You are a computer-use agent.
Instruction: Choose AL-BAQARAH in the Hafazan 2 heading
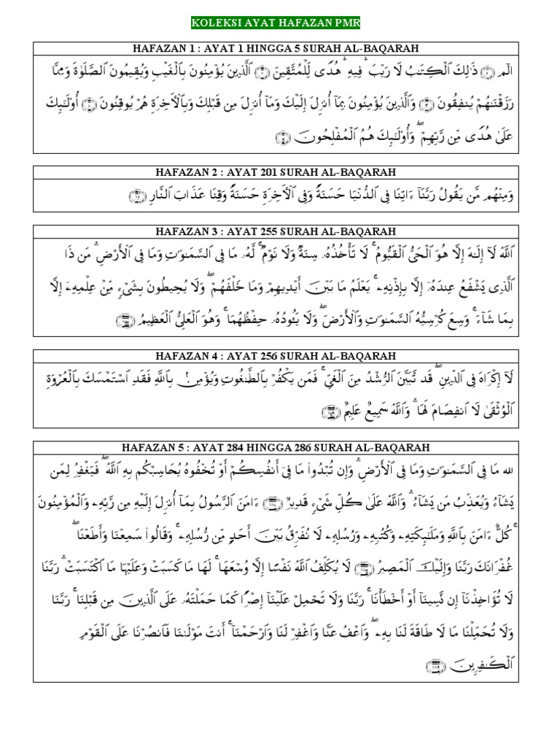tap(362, 172)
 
